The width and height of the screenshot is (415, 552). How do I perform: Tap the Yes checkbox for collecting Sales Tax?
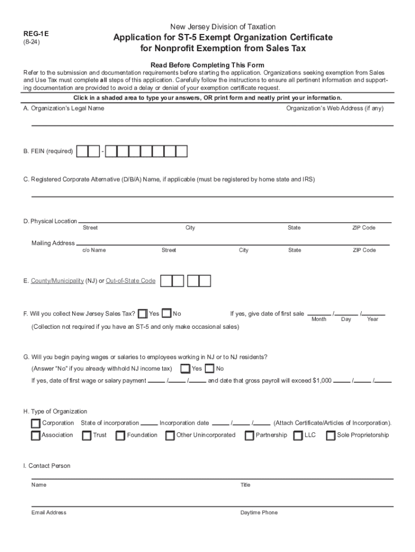point(143,314)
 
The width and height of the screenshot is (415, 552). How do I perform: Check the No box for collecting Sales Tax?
point(167,314)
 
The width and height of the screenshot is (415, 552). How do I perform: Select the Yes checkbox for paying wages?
point(185,369)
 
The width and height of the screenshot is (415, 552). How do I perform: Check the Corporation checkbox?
point(36,423)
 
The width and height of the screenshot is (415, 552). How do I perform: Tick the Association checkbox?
point(36,436)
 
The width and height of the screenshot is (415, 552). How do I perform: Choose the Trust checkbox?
point(87,436)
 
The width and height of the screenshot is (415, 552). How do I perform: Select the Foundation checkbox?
point(120,436)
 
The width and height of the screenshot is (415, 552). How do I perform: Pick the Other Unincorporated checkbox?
point(170,436)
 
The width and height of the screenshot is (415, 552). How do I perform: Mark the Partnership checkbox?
point(250,436)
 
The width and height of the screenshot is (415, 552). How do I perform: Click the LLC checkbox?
point(298,436)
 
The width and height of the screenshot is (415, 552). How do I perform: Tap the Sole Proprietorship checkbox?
point(331,436)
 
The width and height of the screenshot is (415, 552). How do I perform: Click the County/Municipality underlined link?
point(57,281)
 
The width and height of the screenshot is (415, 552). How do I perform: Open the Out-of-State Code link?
point(130,281)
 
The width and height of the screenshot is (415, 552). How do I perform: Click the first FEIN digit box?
point(82,151)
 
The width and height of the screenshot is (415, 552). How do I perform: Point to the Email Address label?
point(49,513)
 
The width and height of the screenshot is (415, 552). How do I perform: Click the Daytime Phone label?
point(259,513)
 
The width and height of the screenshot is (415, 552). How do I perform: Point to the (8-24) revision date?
point(31,42)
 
